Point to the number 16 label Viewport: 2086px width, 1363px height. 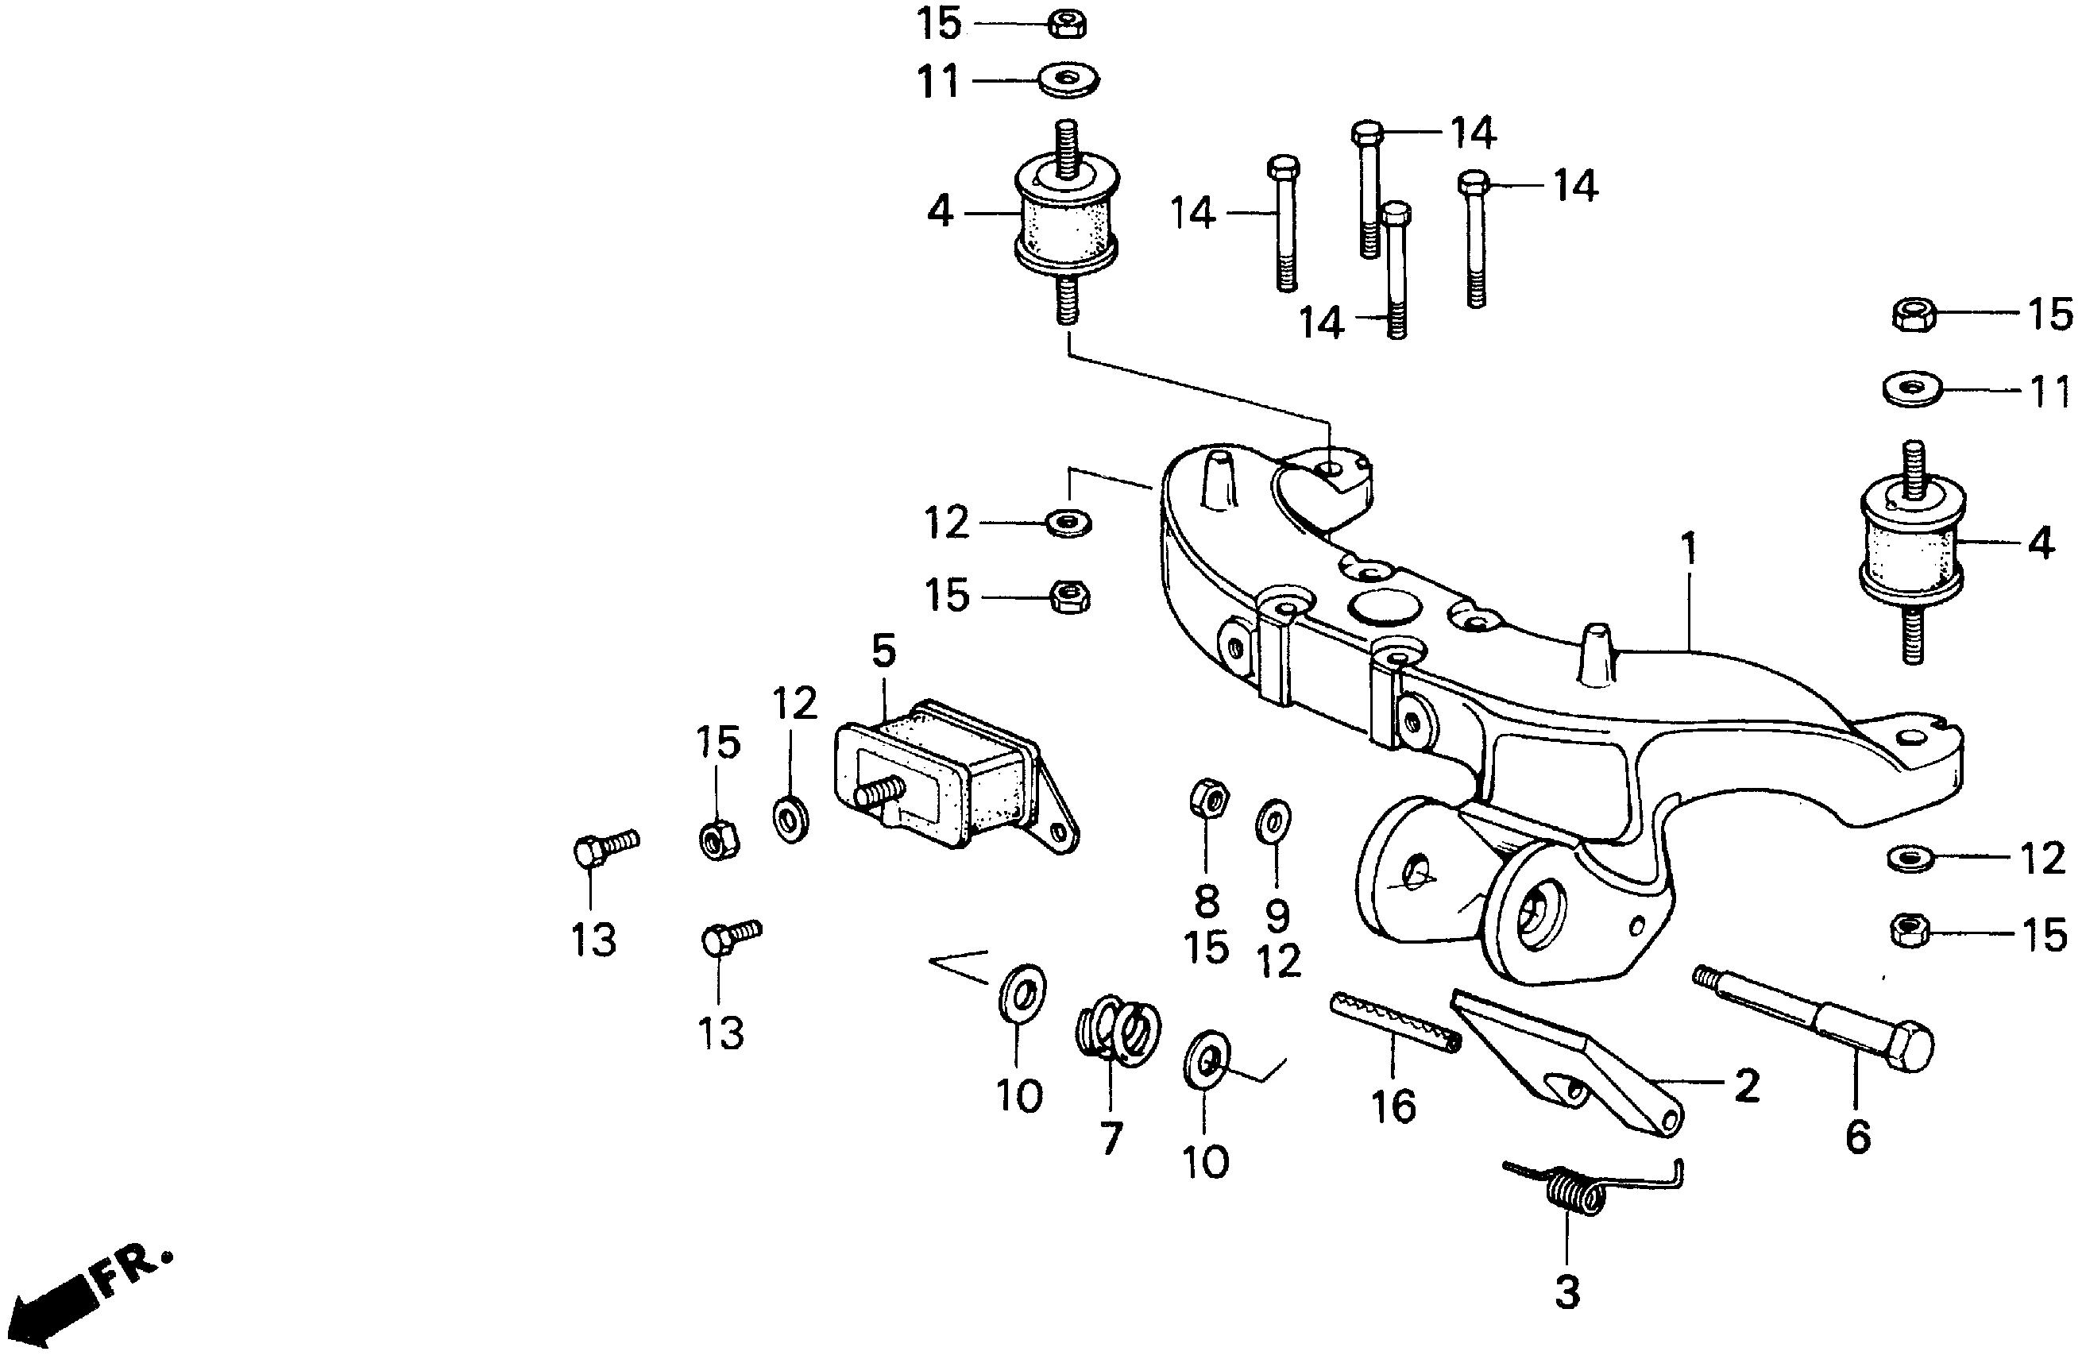click(1394, 1107)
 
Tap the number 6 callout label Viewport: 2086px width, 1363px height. click(1857, 1137)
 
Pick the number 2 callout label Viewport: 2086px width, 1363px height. click(1746, 1086)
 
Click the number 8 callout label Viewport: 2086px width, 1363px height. click(1207, 900)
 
